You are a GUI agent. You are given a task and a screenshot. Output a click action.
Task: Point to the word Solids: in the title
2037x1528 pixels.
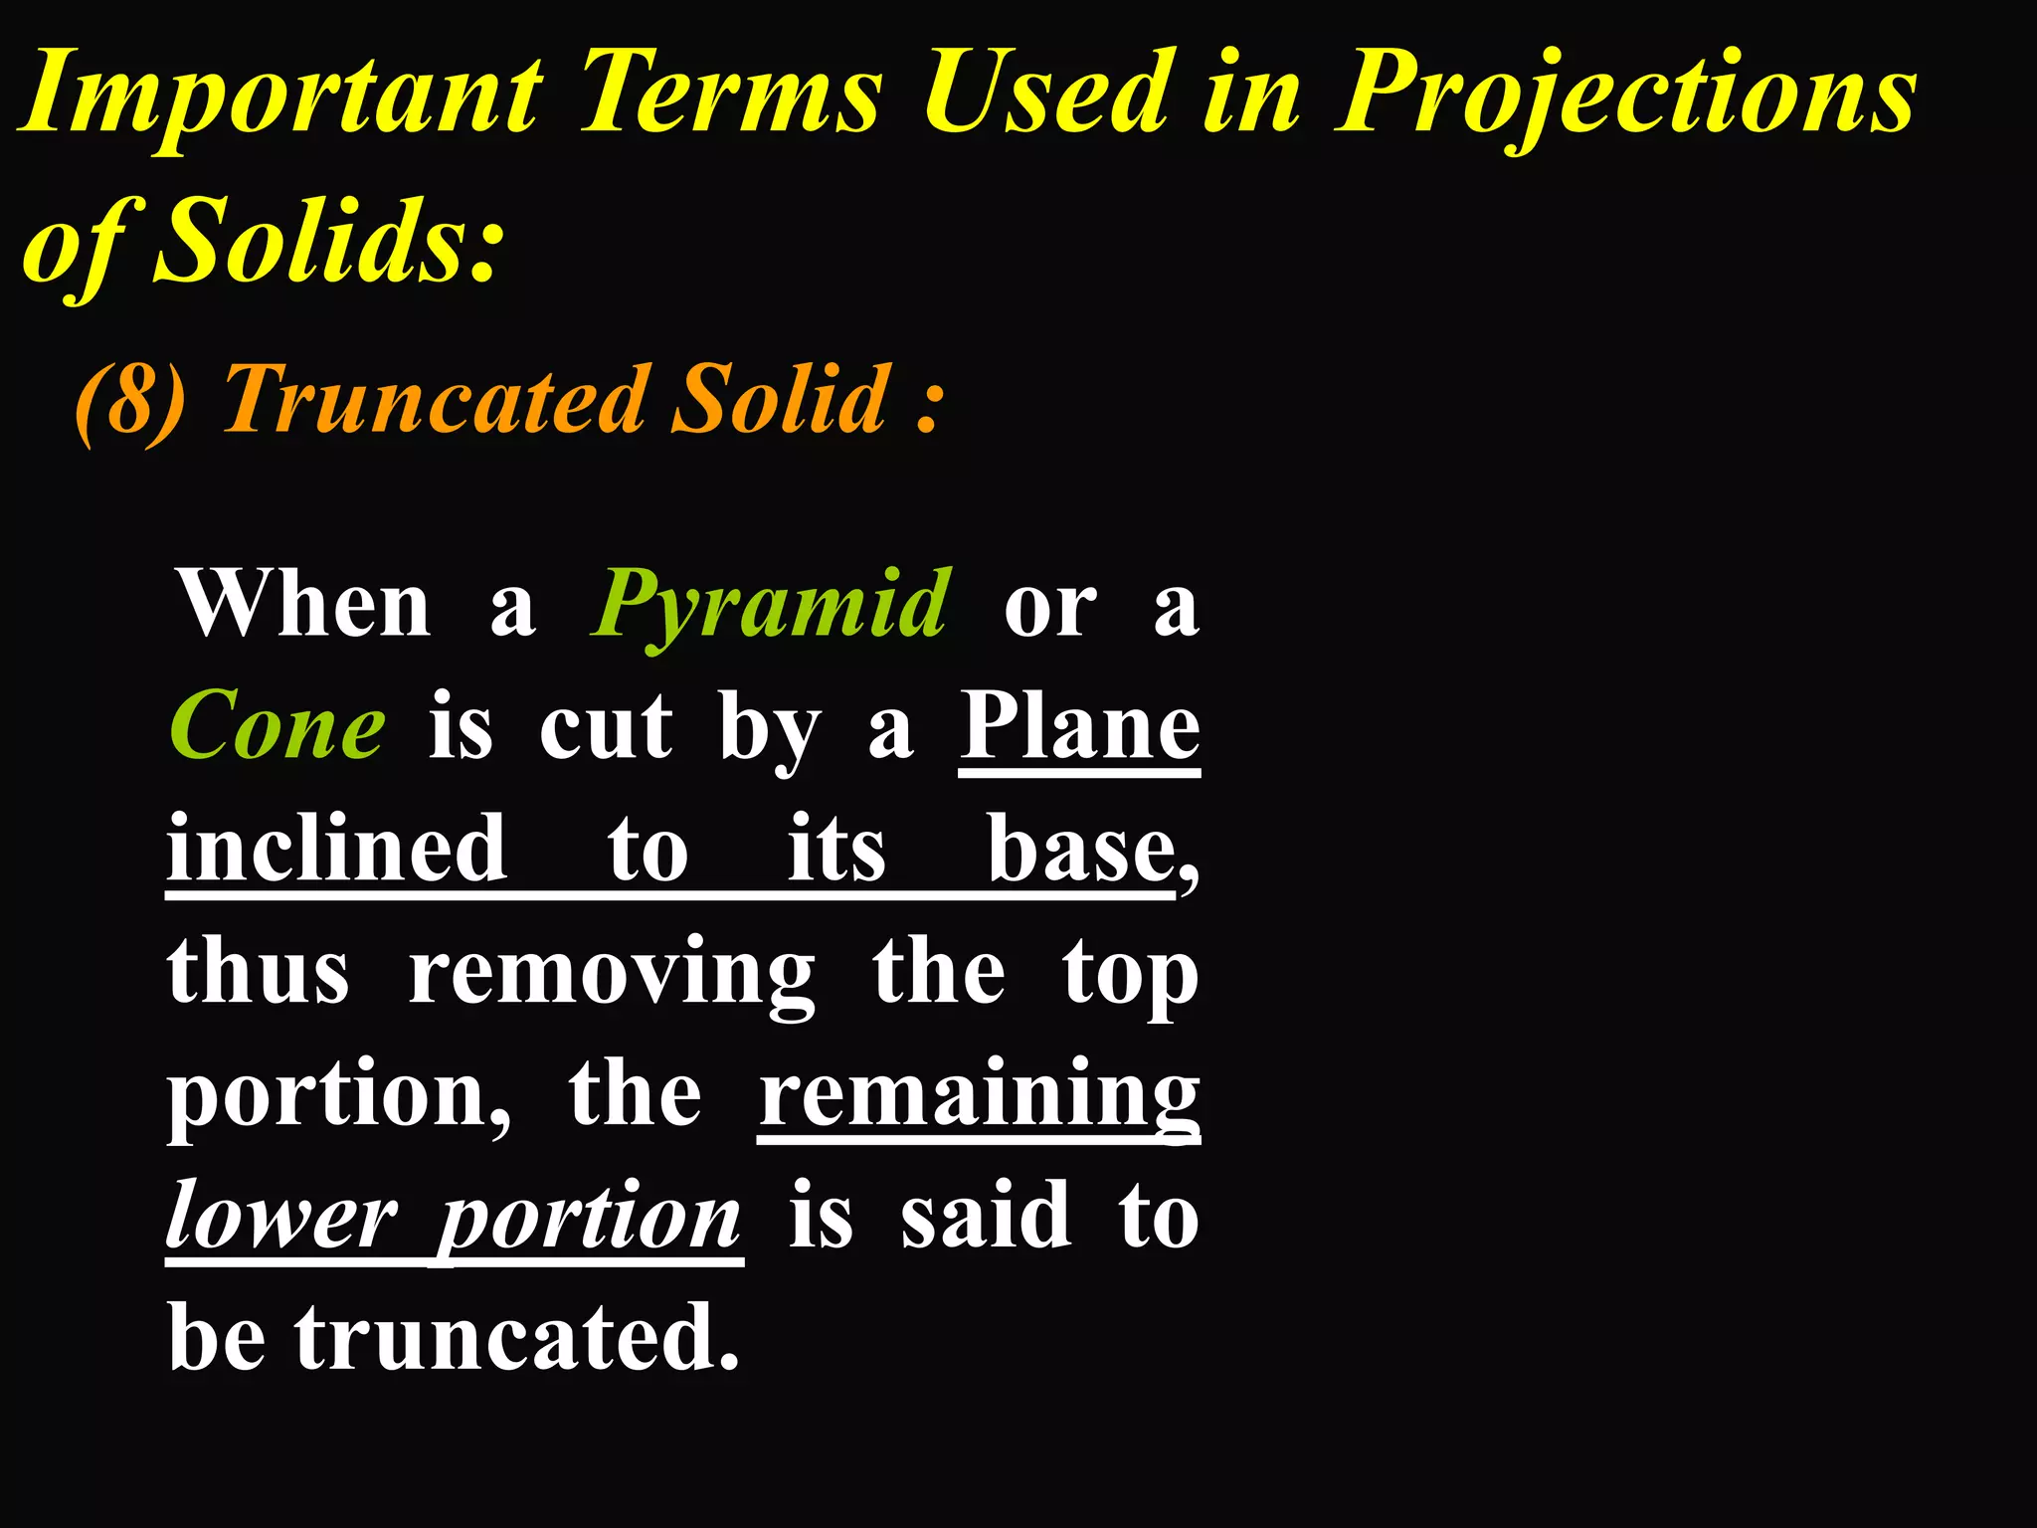coord(328,242)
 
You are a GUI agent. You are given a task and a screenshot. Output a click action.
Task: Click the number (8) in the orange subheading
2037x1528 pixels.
coord(130,401)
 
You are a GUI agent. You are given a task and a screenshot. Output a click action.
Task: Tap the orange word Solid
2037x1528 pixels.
coord(780,399)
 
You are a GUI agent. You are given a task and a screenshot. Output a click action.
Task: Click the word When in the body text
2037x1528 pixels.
coord(304,604)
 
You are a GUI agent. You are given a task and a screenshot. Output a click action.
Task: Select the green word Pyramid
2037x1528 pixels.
coord(771,606)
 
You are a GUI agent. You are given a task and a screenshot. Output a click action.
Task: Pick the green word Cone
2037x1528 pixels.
coord(278,726)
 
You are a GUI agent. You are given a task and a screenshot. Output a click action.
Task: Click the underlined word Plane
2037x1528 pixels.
coord(1079,726)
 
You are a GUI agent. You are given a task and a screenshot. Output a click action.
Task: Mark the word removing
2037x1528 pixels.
coord(612,973)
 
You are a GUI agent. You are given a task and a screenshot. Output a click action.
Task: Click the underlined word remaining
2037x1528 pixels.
coord(979,1094)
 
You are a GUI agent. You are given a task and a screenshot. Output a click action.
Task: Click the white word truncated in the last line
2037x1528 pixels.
coord(516,1338)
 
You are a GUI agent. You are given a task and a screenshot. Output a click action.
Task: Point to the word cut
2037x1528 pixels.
coord(606,726)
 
